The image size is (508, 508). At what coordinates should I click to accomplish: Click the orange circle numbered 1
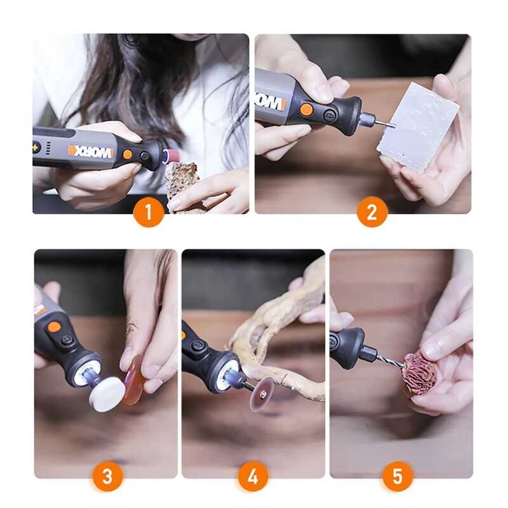149,212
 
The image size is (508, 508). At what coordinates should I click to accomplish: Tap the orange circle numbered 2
372,212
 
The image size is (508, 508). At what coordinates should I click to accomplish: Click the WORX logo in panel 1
91,151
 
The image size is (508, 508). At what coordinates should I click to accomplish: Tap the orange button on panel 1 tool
128,154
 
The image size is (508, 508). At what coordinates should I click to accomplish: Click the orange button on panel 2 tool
306,109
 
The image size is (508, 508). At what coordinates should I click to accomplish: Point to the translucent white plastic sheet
417,126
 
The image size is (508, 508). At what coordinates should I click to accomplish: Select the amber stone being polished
133,380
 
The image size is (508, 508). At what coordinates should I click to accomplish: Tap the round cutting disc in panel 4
261,394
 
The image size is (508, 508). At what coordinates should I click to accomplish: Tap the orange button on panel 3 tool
55,327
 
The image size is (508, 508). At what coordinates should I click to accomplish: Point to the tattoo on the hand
131,329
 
